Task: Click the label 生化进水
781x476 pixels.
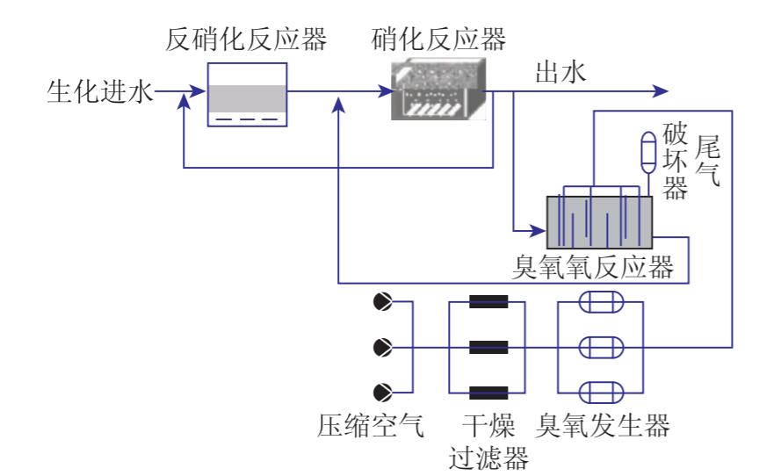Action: (98, 90)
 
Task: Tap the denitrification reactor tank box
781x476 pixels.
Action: (247, 95)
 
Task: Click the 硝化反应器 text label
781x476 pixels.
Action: (439, 39)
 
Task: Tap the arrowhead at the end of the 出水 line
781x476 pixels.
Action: (661, 90)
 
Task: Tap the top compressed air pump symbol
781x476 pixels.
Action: (383, 302)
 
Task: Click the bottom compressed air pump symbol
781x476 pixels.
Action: (383, 392)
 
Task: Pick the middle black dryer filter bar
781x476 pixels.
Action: (488, 347)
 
